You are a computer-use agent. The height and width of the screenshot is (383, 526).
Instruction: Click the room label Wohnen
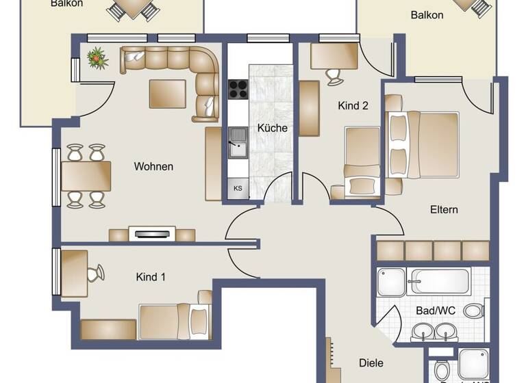click(x=153, y=166)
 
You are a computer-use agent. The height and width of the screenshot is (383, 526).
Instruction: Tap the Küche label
click(x=272, y=128)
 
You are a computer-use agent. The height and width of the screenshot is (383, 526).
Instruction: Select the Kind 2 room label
click(x=353, y=106)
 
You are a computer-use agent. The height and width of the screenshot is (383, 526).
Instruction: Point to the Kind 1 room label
click(x=151, y=277)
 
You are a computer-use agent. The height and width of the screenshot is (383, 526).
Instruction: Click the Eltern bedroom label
click(x=444, y=209)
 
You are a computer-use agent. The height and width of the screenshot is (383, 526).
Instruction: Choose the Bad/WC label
click(x=436, y=310)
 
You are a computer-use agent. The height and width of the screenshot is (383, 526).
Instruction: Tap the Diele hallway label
click(x=371, y=363)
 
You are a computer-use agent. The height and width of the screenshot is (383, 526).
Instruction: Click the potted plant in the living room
click(x=98, y=59)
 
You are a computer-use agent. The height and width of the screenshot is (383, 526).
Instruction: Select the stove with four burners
click(x=238, y=89)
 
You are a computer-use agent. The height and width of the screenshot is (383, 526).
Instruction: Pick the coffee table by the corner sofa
click(x=167, y=94)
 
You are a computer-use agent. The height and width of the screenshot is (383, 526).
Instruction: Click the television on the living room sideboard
click(x=152, y=234)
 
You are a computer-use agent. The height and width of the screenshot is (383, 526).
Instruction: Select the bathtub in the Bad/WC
click(x=438, y=281)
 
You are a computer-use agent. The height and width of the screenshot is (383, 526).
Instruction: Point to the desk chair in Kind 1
click(x=95, y=274)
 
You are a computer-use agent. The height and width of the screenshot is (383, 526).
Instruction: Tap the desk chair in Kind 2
click(x=335, y=75)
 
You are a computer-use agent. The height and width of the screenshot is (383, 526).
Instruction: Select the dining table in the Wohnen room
click(x=86, y=176)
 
